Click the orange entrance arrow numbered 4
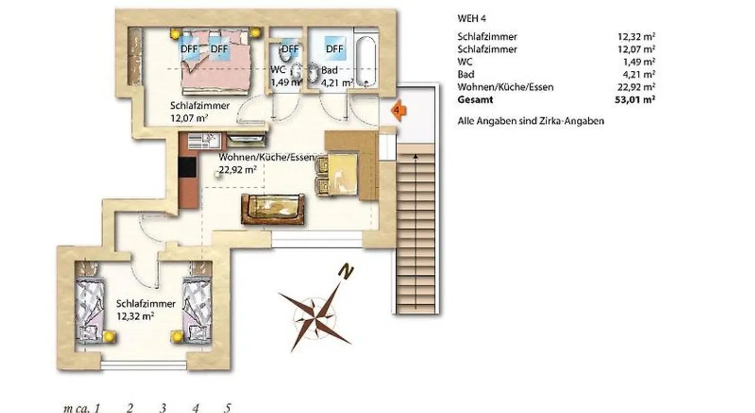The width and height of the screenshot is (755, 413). [398, 110]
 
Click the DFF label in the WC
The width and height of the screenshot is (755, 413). [290, 49]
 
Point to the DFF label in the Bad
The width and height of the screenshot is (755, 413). [335, 49]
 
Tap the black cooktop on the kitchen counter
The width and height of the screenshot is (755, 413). [187, 167]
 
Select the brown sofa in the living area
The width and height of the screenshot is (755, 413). [273, 209]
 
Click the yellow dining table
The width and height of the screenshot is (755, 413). [342, 174]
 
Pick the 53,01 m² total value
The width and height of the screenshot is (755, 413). [635, 100]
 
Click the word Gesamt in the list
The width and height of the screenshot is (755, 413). [475, 100]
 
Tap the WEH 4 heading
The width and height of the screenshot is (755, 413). [471, 18]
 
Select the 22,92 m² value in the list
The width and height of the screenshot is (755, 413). [637, 87]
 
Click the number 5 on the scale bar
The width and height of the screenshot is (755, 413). [228, 408]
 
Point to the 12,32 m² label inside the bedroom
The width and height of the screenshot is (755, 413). [135, 317]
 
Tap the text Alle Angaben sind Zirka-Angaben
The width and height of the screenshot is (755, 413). [531, 121]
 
